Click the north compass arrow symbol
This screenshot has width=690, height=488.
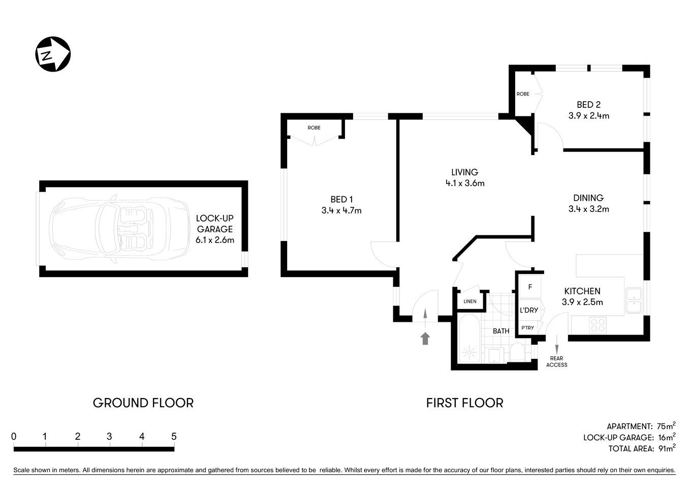pos(52,54)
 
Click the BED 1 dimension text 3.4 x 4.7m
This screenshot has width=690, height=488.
pos(341,210)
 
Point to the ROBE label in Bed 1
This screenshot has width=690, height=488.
pos(314,128)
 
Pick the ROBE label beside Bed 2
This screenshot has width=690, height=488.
pos(523,94)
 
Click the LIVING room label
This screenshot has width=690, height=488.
pos(464,172)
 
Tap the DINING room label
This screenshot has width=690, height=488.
pos(588,198)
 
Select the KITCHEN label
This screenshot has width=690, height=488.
pos(582,291)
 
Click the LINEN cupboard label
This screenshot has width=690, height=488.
pos(470,301)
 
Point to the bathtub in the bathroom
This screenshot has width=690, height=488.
pos(468,340)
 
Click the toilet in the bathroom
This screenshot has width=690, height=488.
pos(518,352)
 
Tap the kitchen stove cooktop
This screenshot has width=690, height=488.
pos(598,325)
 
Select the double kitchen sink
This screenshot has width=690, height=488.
pos(634,300)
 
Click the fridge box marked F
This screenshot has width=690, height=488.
pos(530,287)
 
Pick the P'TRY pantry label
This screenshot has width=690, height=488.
pos(527,328)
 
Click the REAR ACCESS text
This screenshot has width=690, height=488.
pos(556,361)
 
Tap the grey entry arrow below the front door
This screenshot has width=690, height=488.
pos(425,338)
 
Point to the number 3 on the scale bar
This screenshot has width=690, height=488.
pos(109,436)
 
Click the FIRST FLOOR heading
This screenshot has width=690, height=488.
pos(464,403)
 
